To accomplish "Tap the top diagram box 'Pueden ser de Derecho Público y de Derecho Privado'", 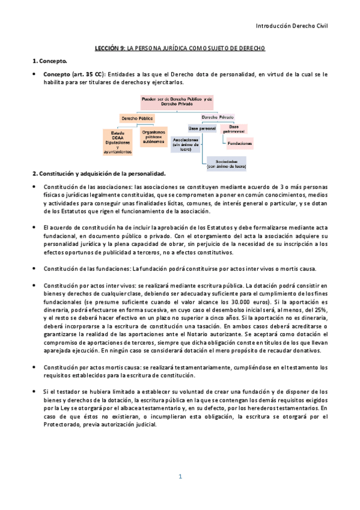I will [x=177, y=100].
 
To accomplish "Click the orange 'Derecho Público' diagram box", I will [x=137, y=118].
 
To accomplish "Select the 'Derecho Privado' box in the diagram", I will [x=218, y=117].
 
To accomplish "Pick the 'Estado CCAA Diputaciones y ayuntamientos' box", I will [x=117, y=142].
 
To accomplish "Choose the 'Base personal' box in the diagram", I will [x=202, y=127].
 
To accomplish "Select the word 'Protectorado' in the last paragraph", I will [x=65, y=423].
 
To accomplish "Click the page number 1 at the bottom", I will [x=180, y=476].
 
